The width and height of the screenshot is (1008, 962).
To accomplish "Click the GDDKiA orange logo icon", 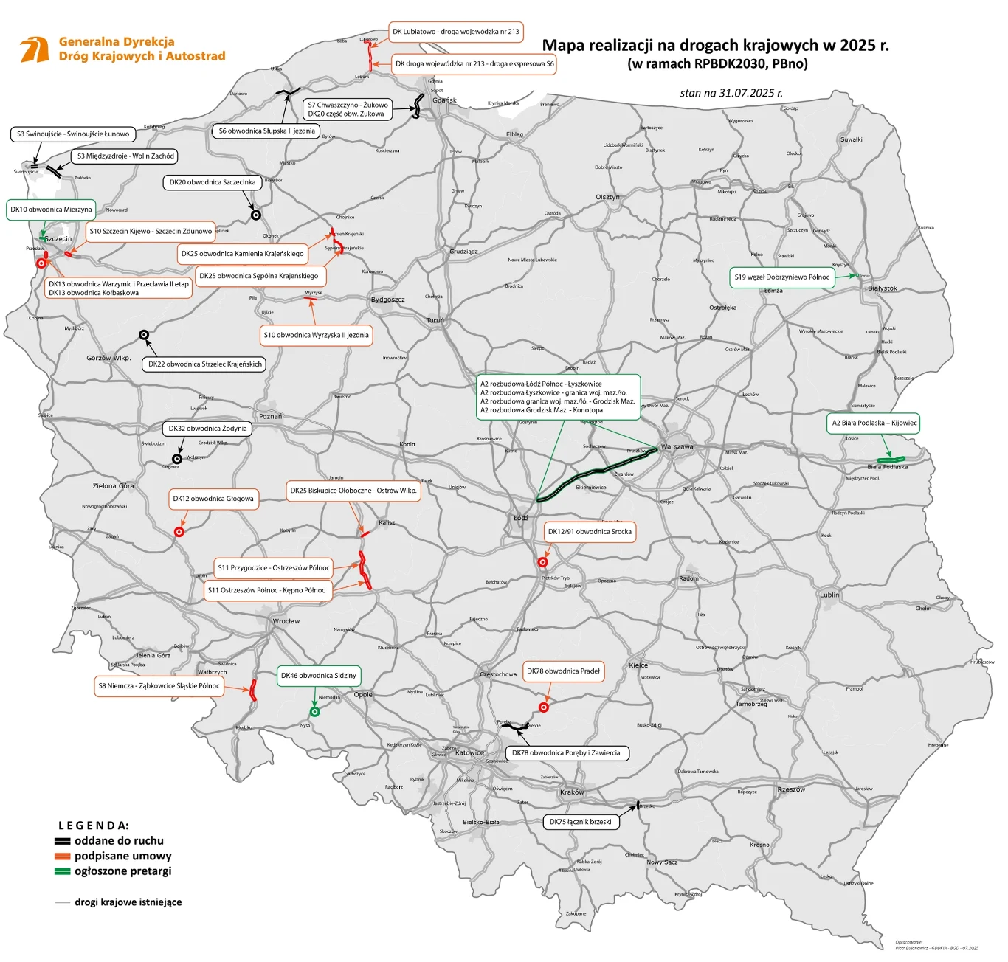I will (35, 49).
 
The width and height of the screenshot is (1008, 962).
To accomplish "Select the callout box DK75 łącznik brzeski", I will (580, 822).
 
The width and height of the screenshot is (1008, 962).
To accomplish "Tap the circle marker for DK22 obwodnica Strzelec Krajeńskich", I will (145, 335).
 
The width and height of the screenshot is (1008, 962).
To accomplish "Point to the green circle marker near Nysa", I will (314, 712).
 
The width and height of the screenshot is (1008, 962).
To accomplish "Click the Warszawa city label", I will (677, 447).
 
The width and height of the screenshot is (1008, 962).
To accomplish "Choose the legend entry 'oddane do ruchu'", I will (118, 841).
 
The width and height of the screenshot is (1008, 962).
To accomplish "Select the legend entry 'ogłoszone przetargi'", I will (122, 871).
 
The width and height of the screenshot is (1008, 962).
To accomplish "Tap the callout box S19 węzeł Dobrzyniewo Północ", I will (781, 277).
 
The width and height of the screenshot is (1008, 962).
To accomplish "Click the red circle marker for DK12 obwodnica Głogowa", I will (179, 532).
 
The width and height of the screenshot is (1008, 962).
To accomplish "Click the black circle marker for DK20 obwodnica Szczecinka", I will (256, 215).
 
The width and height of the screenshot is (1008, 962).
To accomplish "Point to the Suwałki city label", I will (851, 139).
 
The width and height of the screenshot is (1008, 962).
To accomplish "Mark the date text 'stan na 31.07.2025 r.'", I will (731, 93).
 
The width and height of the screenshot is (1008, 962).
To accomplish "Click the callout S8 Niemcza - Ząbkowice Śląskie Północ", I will (159, 686).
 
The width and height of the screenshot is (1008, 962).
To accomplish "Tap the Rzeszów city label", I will (791, 789).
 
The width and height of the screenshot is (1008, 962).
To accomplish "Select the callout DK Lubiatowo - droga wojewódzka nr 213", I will (455, 32).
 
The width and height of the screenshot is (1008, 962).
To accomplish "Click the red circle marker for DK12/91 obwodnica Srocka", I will (542, 562).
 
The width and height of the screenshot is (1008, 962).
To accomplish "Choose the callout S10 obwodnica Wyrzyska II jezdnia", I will (317, 335).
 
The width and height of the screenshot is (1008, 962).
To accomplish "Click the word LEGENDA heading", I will (94, 826).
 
